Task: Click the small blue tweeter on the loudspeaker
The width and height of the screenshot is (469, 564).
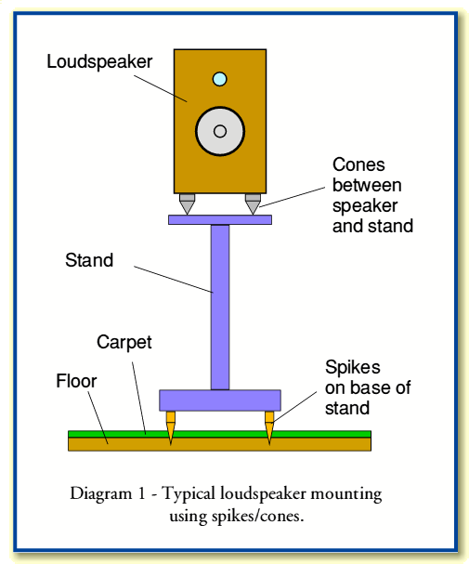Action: point(219,79)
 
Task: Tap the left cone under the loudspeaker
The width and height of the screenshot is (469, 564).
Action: point(187,203)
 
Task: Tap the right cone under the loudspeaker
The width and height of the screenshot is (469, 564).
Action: point(252,203)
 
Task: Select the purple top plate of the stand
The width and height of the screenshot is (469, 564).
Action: point(219,219)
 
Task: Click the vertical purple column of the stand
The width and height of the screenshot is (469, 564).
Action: point(219,307)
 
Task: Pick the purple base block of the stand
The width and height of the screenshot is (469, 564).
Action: point(219,400)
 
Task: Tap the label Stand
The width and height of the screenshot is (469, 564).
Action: point(89,260)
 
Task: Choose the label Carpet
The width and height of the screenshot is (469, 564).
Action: point(124,342)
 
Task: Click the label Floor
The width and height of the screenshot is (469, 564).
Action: point(75,380)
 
